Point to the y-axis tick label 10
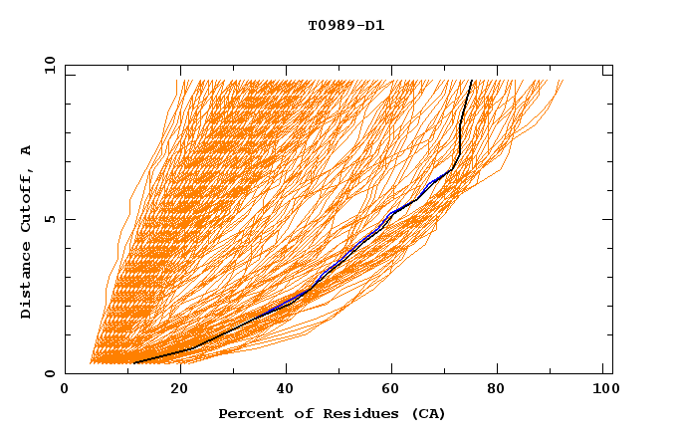[49, 65]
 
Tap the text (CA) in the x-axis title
[430, 414]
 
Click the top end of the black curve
[472, 81]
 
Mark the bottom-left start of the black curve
[132, 363]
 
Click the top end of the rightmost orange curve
[563, 81]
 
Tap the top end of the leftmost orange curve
[177, 81]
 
